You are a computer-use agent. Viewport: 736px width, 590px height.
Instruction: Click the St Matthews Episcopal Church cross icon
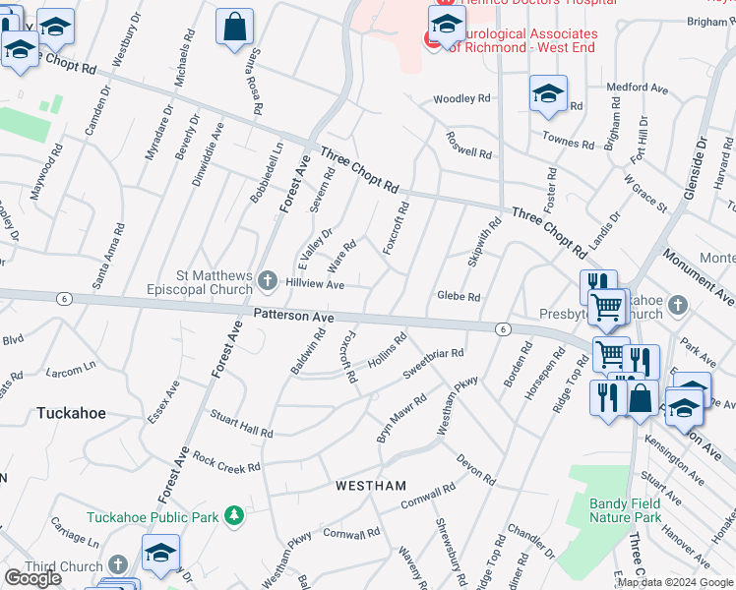(x=267, y=282)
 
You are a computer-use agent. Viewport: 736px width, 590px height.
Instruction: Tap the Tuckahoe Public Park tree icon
(x=233, y=515)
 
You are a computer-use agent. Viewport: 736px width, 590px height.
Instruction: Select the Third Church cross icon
(x=117, y=565)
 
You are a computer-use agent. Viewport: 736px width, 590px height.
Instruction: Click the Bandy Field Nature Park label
(x=625, y=510)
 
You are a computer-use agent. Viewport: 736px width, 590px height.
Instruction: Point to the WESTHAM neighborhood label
(x=371, y=486)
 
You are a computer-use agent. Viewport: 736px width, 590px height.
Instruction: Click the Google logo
(x=32, y=578)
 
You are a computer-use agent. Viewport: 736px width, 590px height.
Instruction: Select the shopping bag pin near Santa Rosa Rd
(x=235, y=29)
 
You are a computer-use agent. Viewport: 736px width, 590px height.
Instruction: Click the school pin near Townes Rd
(x=548, y=95)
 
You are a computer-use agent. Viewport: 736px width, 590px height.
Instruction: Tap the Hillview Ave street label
(x=314, y=284)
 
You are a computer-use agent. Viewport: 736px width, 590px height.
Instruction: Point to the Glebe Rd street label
(x=458, y=296)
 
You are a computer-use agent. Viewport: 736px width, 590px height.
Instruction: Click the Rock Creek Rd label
(x=226, y=462)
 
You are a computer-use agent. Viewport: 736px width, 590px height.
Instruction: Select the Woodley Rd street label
(x=461, y=99)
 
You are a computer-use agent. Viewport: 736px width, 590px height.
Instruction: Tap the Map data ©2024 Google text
(x=674, y=582)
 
